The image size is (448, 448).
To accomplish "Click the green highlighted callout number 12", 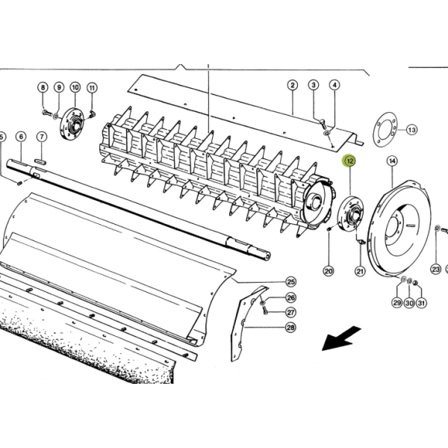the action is click(x=349, y=161).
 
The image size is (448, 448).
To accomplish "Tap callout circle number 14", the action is click(x=392, y=161).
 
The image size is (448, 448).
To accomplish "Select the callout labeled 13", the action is click(x=411, y=130).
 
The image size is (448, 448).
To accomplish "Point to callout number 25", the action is click(x=290, y=282).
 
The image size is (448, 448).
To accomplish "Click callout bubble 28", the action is click(x=290, y=328).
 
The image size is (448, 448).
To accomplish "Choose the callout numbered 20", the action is click(x=329, y=271).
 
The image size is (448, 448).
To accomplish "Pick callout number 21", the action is click(x=360, y=271).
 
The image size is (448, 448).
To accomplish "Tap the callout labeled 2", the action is click(x=292, y=85).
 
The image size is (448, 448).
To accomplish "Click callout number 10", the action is click(x=75, y=87).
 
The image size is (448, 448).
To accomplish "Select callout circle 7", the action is click(x=42, y=137).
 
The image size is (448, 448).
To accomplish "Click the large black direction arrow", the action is click(x=341, y=339).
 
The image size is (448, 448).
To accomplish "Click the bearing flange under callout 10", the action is click(x=72, y=124).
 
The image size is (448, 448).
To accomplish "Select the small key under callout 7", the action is click(x=40, y=162).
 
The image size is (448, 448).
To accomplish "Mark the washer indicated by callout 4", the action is click(x=326, y=133).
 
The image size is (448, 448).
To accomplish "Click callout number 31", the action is click(x=421, y=302).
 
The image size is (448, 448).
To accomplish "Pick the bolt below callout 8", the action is click(x=48, y=113).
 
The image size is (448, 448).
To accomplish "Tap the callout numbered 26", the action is click(x=290, y=298).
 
